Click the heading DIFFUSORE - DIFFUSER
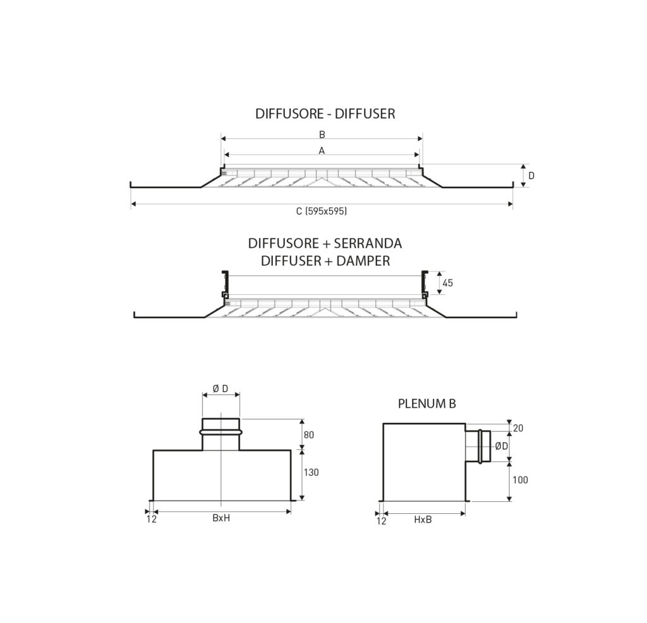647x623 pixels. (325, 114)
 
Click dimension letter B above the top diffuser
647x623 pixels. (322, 134)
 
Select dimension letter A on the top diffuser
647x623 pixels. (322, 151)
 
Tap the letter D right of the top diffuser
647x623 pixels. (531, 175)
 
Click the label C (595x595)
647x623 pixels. (322, 212)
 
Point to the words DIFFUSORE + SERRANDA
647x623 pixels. (325, 244)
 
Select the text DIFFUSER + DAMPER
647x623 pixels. (325, 260)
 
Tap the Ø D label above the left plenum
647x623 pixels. (221, 389)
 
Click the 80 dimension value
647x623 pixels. (309, 435)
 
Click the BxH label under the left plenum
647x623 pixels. (221, 519)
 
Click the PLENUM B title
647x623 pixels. (427, 404)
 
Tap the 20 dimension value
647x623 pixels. (519, 428)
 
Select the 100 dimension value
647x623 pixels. (520, 480)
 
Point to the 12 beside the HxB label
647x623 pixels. (381, 521)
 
